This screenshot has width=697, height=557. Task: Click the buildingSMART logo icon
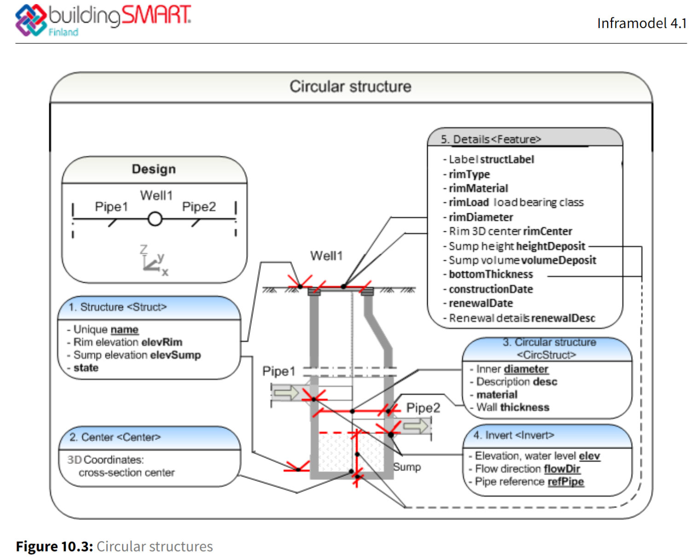[31, 20]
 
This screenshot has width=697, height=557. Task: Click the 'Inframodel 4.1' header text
[641, 23]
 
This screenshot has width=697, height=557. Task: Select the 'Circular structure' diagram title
[350, 87]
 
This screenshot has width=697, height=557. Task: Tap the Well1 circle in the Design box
[155, 219]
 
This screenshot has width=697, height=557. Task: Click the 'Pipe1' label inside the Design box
[111, 207]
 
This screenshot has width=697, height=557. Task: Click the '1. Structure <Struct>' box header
[117, 307]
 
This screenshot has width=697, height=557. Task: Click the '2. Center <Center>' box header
[115, 437]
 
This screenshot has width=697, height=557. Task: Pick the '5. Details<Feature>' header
[491, 139]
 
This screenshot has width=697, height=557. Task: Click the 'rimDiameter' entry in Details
[481, 217]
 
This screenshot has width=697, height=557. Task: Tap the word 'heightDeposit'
[551, 246]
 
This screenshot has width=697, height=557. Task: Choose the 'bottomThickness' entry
[491, 275]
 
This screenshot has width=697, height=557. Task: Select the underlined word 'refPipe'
[565, 482]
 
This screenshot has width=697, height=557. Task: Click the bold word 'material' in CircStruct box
[497, 395]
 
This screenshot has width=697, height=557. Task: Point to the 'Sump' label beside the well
[407, 467]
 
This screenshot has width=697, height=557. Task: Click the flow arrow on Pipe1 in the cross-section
[286, 393]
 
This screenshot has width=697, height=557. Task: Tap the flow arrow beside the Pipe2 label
[416, 426]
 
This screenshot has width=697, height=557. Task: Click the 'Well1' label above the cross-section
[326, 256]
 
